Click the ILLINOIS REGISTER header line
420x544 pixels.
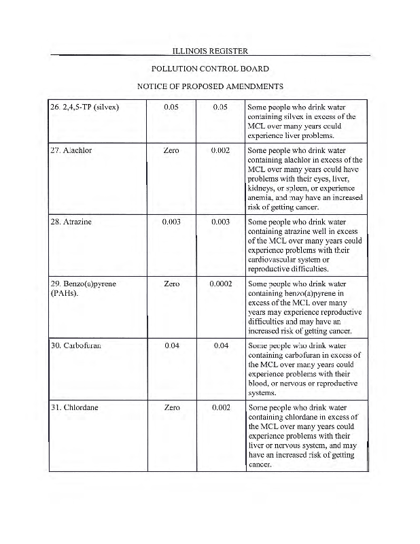coord(210,50)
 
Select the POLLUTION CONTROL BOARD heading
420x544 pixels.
coord(210,69)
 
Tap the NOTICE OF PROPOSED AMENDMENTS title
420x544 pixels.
coord(210,86)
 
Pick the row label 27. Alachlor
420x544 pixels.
coord(71,150)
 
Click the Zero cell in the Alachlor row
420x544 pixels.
coord(172,150)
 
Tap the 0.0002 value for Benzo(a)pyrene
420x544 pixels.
coord(220,284)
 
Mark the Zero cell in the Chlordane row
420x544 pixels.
coord(172,407)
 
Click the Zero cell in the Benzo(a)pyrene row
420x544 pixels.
coord(172,284)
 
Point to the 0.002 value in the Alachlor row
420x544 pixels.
coord(220,150)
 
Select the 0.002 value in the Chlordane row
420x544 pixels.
coord(220,407)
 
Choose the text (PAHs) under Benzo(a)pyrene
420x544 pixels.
coord(66,293)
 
